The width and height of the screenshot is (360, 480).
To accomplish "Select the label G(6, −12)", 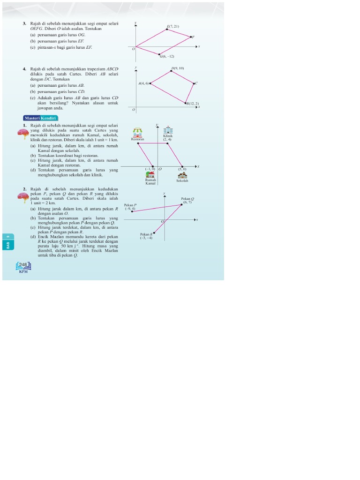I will pos(167,56).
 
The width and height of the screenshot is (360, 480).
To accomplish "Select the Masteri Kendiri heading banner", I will pos(40,118).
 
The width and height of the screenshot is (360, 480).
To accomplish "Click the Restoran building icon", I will pos(138,133).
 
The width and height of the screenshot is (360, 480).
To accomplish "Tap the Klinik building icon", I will pos(167,130).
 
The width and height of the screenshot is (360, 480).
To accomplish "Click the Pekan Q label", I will pos(187,199).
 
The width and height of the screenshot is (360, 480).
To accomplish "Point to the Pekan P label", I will pos(130,205).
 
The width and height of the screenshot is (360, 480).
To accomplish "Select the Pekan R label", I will pos(146,234).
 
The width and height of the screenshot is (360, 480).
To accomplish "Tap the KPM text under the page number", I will pos(23,271).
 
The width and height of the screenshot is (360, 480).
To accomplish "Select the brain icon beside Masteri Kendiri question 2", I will pos(23,196).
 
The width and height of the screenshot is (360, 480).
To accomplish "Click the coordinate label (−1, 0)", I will pos(150,169).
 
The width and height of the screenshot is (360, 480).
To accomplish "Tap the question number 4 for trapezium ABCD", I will pos(24,69).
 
